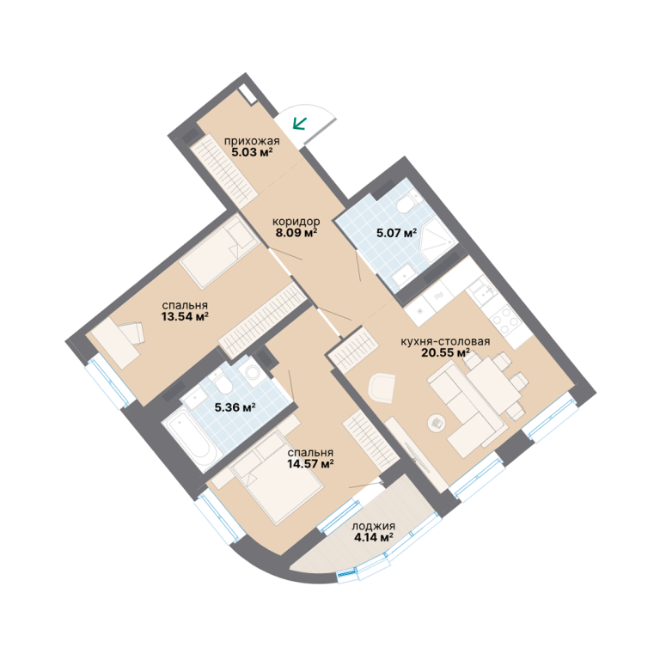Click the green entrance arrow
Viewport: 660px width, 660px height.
[300, 124]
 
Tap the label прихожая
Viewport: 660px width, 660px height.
[252, 141]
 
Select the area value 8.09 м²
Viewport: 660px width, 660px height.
[296, 232]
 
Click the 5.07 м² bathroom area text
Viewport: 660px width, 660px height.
[396, 232]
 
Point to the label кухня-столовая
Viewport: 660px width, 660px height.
[445, 341]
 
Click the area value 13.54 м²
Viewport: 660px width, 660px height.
[186, 316]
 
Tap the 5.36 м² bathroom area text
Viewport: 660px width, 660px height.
[235, 407]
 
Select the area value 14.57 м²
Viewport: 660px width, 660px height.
[310, 464]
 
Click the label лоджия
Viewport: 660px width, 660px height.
[373, 526]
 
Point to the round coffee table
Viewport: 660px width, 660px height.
[437, 423]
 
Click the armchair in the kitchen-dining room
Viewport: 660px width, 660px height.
[382, 386]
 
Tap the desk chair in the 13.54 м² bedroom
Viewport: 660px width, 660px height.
[131, 333]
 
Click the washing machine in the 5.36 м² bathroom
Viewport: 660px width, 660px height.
[251, 372]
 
